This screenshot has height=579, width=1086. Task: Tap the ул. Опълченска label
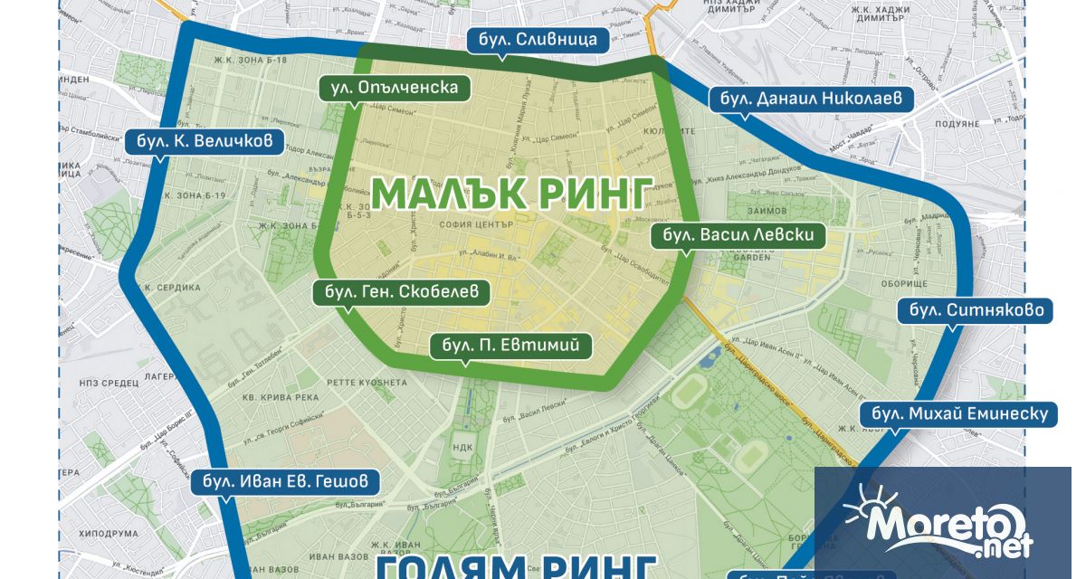[395, 88]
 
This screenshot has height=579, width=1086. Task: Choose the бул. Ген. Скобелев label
[401, 292]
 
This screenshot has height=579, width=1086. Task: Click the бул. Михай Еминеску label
[957, 414]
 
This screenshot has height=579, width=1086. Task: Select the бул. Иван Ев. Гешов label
[285, 481]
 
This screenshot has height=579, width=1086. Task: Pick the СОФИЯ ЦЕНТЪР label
[475, 223]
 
